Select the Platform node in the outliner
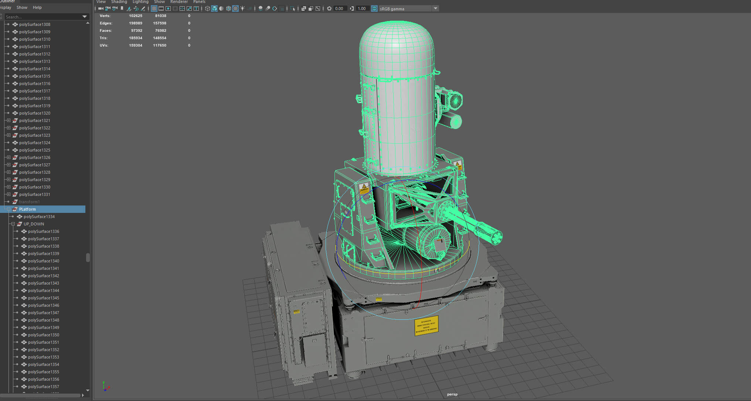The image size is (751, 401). tap(27, 209)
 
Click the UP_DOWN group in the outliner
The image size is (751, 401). tap(34, 224)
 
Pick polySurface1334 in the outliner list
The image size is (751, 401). tap(39, 217)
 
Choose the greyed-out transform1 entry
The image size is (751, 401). tap(29, 202)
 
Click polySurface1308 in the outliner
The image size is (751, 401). tap(34, 24)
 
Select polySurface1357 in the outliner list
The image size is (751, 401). tap(43, 387)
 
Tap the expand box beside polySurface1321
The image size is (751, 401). tap(9, 120)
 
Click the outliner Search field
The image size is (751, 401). tap(43, 17)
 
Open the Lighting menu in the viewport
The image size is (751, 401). tap(140, 2)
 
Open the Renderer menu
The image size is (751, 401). tap(179, 2)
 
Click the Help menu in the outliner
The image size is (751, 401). tap(37, 7)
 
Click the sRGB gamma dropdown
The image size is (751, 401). tap(408, 9)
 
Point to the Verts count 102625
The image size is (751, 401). tap(135, 16)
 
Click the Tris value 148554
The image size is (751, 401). tap(160, 38)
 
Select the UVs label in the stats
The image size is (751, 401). tap(104, 45)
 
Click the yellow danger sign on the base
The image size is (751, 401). tap(426, 326)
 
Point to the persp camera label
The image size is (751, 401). tap(452, 394)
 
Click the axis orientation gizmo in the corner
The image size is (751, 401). tap(105, 387)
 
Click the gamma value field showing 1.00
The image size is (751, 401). tap(362, 9)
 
